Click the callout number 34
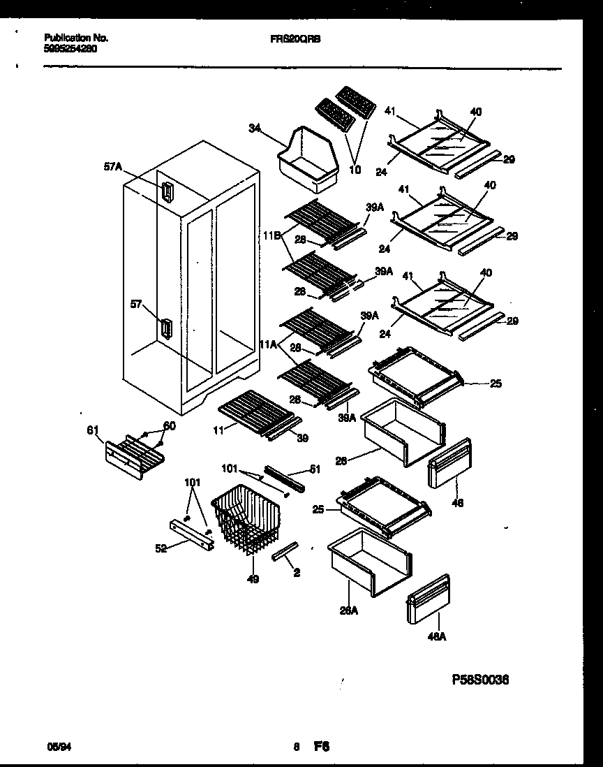coord(254,128)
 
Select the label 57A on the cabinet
coord(112,167)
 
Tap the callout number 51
coord(315,469)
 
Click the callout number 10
coord(355,170)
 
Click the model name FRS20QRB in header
coord(295,40)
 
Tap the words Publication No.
coord(76,38)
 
